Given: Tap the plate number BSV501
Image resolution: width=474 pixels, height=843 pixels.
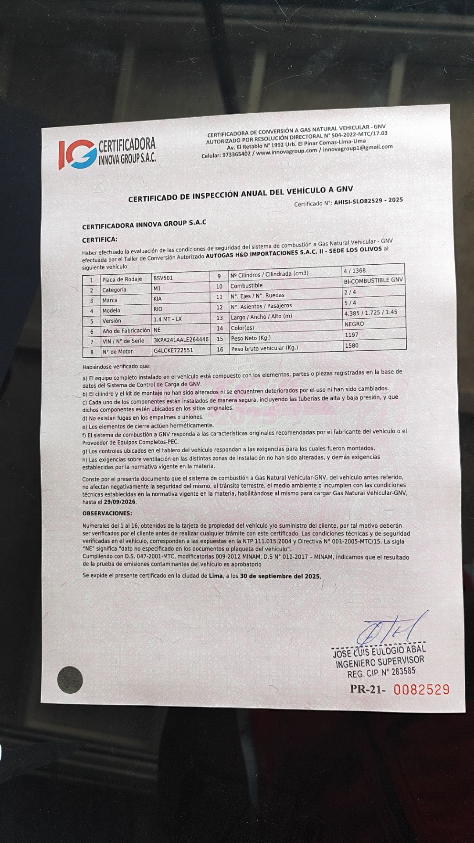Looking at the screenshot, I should click(x=163, y=278).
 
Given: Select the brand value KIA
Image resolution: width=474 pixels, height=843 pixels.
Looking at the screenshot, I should click(x=158, y=299).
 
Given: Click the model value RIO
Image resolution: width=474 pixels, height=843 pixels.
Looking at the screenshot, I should click(x=158, y=310).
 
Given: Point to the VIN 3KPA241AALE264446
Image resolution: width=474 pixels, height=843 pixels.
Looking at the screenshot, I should click(x=181, y=340).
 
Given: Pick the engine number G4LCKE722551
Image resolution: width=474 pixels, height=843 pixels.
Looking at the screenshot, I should click(x=173, y=350).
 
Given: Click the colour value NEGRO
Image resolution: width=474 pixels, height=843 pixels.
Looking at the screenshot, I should click(x=355, y=324).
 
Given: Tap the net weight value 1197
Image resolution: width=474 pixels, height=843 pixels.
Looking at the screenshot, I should click(x=352, y=335).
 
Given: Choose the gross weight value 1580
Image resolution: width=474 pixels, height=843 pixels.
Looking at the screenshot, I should click(x=352, y=346).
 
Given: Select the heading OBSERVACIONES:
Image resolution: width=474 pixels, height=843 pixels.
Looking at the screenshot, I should click(x=107, y=513).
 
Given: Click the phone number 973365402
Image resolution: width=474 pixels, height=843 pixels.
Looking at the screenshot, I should click(x=237, y=154).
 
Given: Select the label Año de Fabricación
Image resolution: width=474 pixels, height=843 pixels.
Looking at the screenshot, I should click(x=126, y=331).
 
